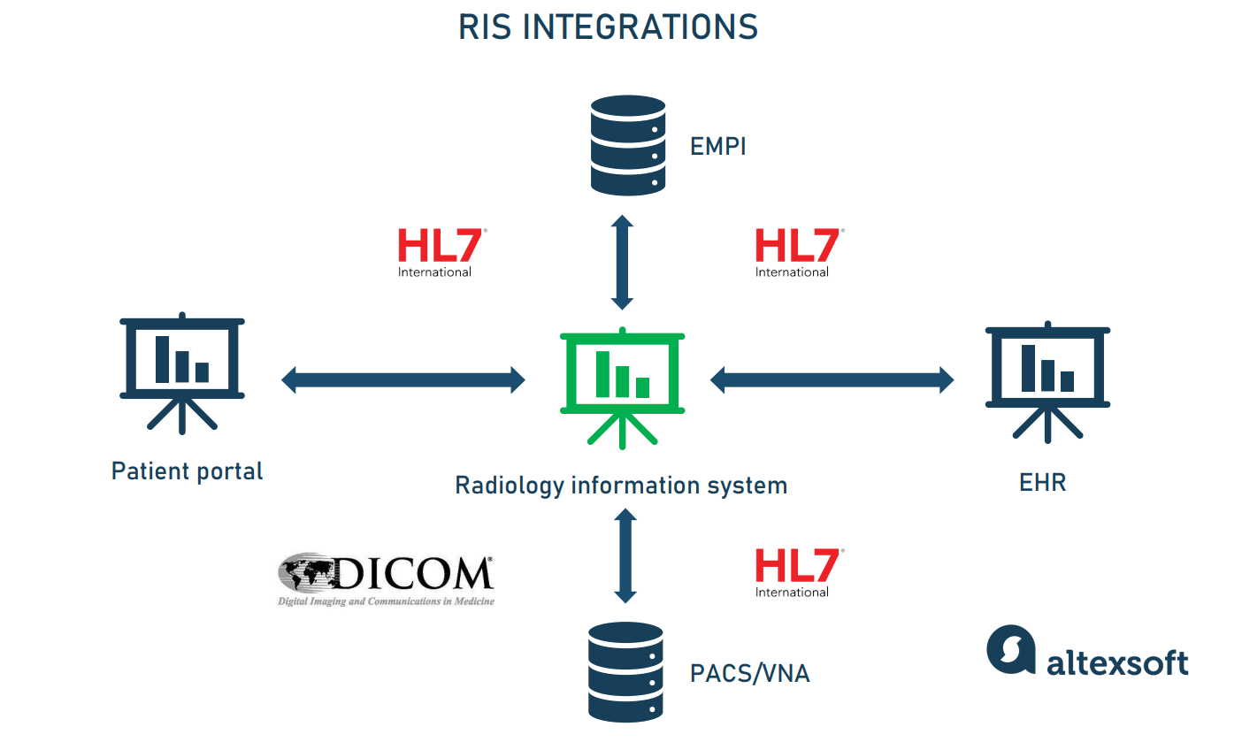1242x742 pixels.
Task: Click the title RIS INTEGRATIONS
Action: click(608, 27)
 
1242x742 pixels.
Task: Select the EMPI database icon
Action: click(627, 145)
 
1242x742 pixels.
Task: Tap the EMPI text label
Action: click(718, 146)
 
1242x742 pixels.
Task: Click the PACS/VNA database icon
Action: click(625, 672)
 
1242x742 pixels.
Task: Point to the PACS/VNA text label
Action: click(749, 674)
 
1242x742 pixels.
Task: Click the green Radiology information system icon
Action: click(622, 386)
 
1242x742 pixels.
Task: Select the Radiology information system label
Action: click(620, 486)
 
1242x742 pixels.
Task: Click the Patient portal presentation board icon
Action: click(182, 371)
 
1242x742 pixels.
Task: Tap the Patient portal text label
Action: click(187, 470)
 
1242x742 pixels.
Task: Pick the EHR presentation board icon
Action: click(1047, 380)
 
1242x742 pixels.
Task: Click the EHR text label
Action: click(1042, 484)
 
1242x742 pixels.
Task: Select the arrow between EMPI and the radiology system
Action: click(623, 262)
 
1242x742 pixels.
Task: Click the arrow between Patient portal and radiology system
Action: click(403, 381)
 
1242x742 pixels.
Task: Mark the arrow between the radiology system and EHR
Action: click(832, 381)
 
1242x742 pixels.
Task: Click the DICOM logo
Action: click(387, 580)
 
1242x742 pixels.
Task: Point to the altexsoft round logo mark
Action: click(1010, 650)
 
